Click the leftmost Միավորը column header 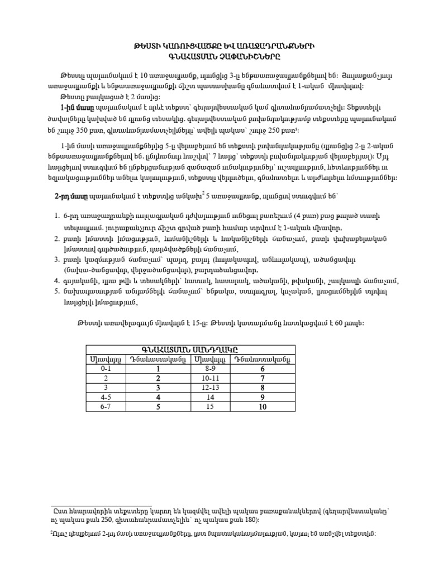coord(106,359)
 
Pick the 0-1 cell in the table coord(106,369)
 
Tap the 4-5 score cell coord(106,397)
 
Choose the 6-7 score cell coord(106,407)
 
